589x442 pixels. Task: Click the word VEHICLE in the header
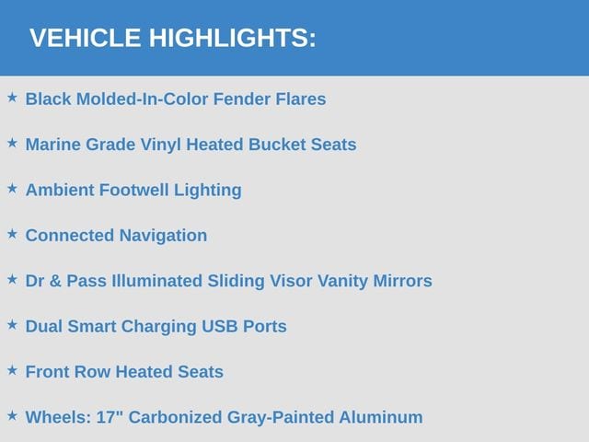86,38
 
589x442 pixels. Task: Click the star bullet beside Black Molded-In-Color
12,98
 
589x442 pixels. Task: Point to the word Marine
53,145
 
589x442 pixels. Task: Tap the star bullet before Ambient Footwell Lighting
12,189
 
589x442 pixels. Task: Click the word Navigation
163,237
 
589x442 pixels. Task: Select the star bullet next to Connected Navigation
12,234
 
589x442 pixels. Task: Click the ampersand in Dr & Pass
55,281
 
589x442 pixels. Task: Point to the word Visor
291,281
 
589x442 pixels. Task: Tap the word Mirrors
402,281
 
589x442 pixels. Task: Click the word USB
220,327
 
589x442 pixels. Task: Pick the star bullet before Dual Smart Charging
12,325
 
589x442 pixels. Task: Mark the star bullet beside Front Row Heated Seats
12,370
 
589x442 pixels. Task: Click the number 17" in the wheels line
110,417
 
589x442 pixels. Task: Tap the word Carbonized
176,417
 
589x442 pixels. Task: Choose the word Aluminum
381,417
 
